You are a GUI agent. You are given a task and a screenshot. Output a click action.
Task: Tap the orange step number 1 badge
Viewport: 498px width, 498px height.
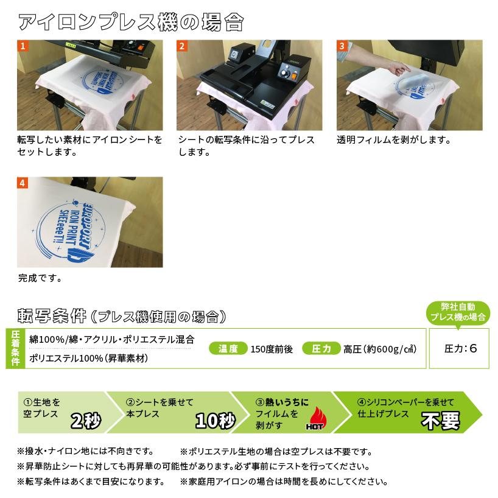pyautogui.click(x=23, y=46)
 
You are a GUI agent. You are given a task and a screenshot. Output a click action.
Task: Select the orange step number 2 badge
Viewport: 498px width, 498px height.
pyautogui.click(x=182, y=46)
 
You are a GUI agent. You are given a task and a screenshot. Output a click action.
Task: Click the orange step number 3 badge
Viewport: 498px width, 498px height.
pyautogui.click(x=342, y=46)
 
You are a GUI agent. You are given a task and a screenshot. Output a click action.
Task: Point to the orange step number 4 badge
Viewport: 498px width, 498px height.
pyautogui.click(x=23, y=182)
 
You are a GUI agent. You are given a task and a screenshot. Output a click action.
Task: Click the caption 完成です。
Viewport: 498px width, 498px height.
pyautogui.click(x=40, y=279)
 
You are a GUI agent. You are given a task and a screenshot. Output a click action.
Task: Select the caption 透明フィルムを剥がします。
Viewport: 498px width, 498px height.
pyautogui.click(x=393, y=140)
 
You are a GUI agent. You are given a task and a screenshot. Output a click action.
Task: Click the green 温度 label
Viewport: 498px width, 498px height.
pyautogui.click(x=227, y=349)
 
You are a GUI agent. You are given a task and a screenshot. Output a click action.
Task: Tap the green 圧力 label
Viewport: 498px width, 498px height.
pyautogui.click(x=321, y=349)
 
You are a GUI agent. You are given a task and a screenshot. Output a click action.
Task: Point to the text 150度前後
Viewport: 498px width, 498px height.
pyautogui.click(x=272, y=349)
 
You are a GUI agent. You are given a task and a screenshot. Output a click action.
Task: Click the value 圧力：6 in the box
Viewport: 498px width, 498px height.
pyautogui.click(x=460, y=349)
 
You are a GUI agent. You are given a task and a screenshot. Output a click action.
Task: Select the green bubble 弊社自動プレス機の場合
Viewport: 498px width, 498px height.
pyautogui.click(x=458, y=312)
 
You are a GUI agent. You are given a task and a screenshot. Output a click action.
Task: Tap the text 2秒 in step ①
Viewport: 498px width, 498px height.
pyautogui.click(x=86, y=419)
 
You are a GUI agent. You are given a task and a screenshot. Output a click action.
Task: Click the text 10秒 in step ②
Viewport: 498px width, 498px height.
pyautogui.click(x=215, y=419)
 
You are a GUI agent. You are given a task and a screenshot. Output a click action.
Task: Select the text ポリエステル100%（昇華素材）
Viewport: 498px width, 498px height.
pyautogui.click(x=89, y=359)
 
